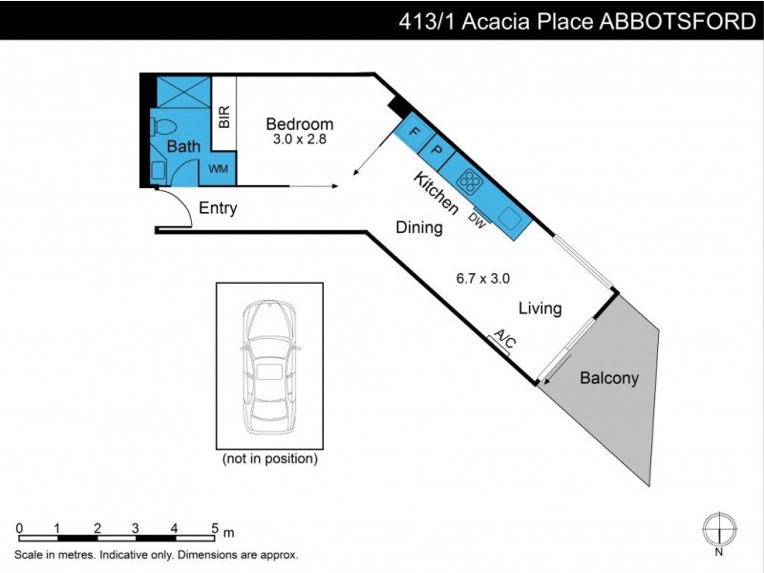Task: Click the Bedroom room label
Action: tap(299, 124)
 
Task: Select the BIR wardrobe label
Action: tap(224, 117)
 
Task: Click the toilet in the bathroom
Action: tap(163, 126)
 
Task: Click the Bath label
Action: tap(183, 147)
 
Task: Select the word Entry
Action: tap(218, 208)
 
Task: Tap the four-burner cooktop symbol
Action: tap(469, 180)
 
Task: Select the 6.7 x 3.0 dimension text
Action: tap(483, 279)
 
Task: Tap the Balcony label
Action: tap(609, 378)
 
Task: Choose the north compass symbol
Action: tap(719, 528)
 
